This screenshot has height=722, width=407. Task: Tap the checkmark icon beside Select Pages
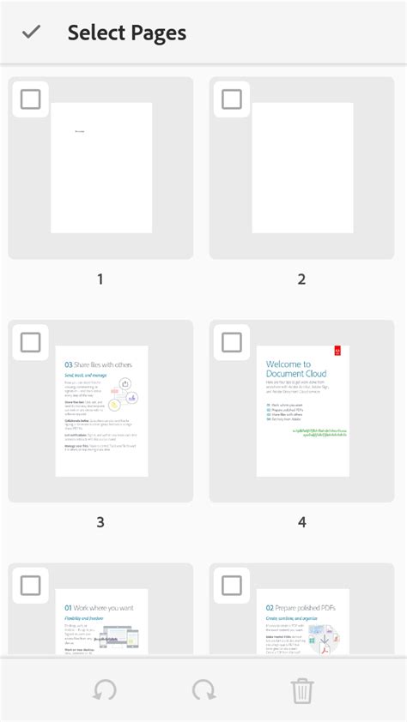32,33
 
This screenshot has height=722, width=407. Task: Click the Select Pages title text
127,33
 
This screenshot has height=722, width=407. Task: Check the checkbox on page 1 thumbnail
30,99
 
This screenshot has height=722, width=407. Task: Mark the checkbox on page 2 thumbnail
232,99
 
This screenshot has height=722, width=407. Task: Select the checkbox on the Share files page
30,342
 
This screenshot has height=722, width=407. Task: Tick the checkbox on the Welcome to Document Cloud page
232,342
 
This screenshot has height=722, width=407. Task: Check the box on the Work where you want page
30,586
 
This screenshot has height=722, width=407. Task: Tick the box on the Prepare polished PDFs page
232,586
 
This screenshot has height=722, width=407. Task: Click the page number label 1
100,280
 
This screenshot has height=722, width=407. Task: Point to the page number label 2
301,280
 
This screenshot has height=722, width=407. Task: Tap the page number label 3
100,522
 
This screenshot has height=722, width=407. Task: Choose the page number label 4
301,522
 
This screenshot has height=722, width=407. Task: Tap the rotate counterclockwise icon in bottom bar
105,690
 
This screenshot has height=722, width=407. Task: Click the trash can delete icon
302,690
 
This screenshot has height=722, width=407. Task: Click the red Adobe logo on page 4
338,352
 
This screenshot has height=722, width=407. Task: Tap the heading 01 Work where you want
99,608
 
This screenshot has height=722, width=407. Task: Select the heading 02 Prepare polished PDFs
300,607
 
